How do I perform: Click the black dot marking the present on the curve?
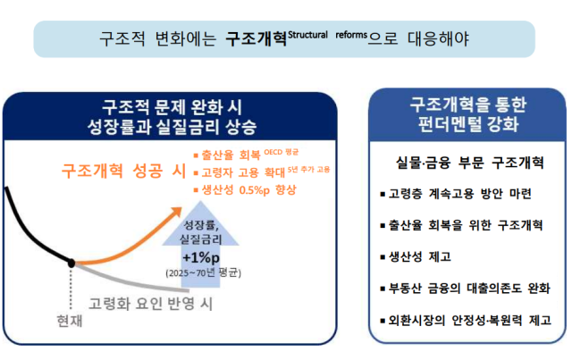(x=71, y=263)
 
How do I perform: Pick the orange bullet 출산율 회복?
(x=234, y=153)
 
